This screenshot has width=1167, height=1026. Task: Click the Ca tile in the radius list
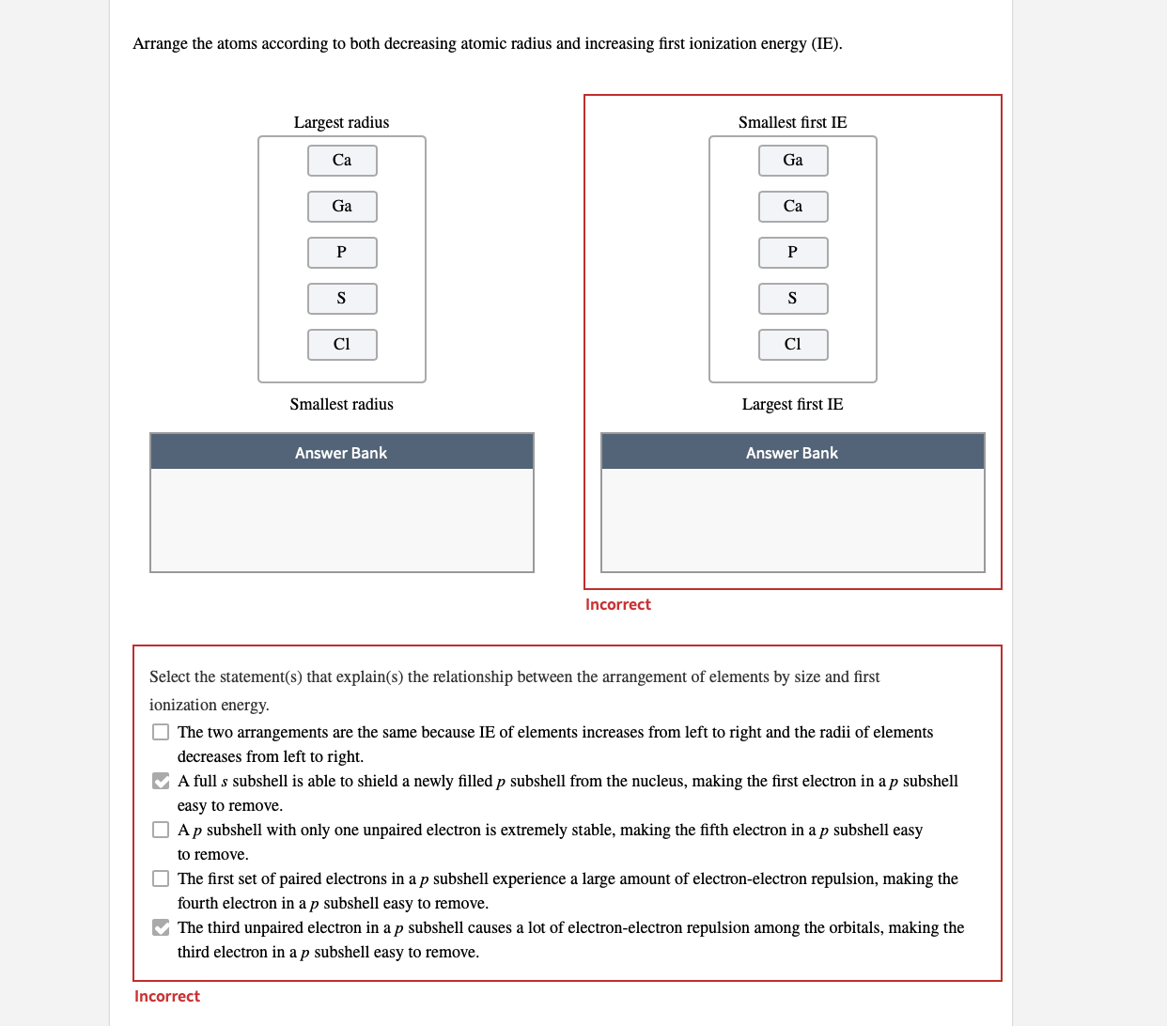342,161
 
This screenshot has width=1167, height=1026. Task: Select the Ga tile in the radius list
342,207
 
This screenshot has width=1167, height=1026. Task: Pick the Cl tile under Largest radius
342,345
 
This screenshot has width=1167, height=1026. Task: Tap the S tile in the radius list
342,299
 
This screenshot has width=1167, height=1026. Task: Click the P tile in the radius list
342,253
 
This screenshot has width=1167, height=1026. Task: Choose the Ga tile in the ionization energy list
793,161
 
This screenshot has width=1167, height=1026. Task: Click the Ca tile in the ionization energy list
793,207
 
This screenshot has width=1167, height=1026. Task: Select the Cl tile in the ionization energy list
793,345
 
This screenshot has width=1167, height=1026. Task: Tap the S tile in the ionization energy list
793,299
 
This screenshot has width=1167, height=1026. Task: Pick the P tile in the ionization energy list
793,253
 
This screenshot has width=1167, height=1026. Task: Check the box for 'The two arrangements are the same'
161,732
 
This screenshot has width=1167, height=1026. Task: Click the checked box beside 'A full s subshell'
161,781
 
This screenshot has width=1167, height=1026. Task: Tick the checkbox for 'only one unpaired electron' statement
161,830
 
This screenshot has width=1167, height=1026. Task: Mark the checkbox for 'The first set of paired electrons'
161,878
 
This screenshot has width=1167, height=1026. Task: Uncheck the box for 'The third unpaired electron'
161,927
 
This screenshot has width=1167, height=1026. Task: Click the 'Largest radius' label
341,122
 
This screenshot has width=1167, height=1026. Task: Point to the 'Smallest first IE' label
792,122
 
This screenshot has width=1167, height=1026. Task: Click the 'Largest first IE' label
792,404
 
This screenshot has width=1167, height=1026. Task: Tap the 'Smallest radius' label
341,404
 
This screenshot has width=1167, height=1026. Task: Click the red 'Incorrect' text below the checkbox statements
167,996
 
